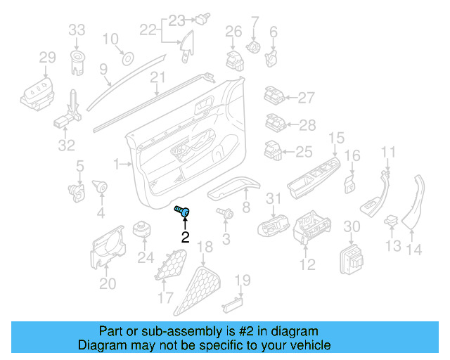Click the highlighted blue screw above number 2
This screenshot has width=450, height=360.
click(x=185, y=210)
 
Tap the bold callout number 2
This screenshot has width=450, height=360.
click(x=186, y=237)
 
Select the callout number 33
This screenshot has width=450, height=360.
click(x=77, y=30)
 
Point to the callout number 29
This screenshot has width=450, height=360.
click(x=46, y=57)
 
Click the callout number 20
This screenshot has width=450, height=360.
click(x=107, y=283)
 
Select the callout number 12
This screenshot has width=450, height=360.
click(x=307, y=264)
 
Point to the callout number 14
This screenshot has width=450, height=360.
click(x=415, y=248)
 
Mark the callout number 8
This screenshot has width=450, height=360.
click(x=245, y=207)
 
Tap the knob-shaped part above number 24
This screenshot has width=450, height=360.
click(x=144, y=230)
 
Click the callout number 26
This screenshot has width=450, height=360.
click(x=233, y=31)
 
